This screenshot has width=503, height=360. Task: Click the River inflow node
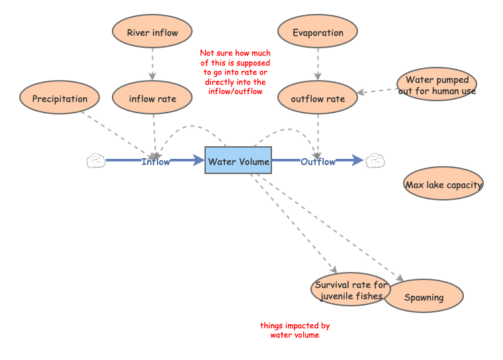[x=152, y=32]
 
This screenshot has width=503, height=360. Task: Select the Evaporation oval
[x=318, y=32]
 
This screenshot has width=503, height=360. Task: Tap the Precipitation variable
[x=60, y=99]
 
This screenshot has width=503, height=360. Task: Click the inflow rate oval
[x=152, y=99]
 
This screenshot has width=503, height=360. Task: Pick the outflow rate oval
[x=318, y=99]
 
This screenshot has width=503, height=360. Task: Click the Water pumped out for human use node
[x=437, y=85]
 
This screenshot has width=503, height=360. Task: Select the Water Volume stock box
[x=238, y=161]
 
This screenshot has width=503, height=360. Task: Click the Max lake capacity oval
[x=443, y=185]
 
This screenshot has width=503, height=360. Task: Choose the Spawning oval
[x=424, y=297]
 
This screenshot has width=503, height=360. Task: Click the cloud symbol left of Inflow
[x=96, y=161]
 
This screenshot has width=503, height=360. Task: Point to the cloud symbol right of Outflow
[x=377, y=161]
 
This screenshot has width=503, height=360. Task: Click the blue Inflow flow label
[x=156, y=161]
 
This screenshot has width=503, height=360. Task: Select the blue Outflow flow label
[x=318, y=161]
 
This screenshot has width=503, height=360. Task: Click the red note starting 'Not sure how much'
[x=235, y=72]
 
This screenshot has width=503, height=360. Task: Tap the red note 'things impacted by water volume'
[x=295, y=330]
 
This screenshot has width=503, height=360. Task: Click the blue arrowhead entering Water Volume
[x=198, y=160]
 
